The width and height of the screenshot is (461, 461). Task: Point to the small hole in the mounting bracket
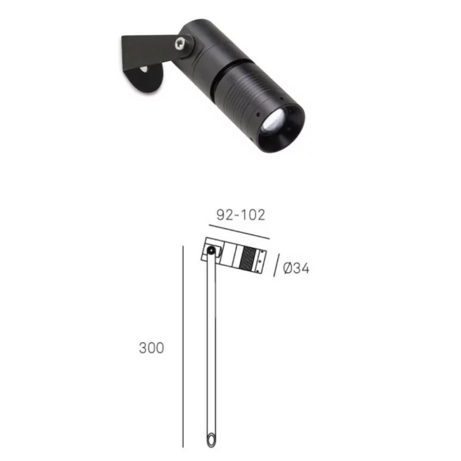[144, 69]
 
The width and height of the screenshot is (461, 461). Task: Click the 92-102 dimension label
[240, 216]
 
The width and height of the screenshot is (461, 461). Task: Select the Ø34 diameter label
[297, 268]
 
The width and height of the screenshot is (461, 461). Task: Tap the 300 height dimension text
[151, 348]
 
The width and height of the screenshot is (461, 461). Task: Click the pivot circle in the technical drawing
[211, 251]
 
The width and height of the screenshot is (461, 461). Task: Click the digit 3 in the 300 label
[142, 348]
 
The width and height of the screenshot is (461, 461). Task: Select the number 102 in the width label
[254, 216]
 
